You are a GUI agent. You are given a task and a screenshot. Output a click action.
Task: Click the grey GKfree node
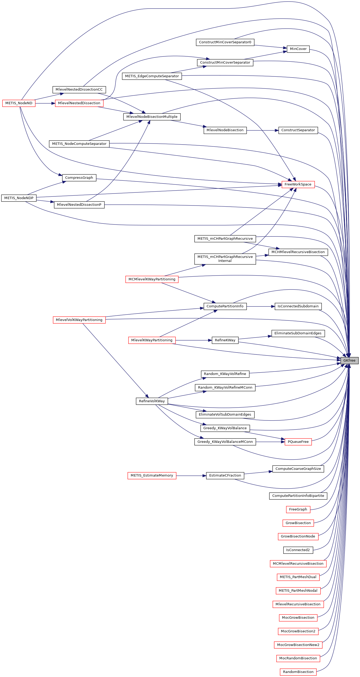click(349, 361)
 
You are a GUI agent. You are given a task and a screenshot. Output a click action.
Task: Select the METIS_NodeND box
click(19, 103)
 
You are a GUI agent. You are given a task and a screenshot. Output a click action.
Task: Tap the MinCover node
click(298, 49)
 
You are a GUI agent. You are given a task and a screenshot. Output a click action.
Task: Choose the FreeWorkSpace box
click(298, 184)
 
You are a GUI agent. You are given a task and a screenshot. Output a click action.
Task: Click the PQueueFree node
click(298, 442)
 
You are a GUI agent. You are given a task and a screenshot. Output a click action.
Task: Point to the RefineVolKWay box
click(152, 401)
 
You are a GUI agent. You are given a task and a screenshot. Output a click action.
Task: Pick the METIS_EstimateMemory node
click(152, 475)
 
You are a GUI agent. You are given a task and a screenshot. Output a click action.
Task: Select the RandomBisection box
click(298, 672)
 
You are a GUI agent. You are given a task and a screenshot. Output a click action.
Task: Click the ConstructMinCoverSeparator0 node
click(225, 42)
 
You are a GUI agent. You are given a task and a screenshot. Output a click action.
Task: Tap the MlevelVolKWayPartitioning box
click(79, 320)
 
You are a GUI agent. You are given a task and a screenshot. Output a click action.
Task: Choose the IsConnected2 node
click(298, 550)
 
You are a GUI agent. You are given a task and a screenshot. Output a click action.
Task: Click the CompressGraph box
click(79, 178)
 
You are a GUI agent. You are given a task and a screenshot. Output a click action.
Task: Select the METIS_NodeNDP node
click(19, 198)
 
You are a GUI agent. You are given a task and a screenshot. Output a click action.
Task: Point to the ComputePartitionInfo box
click(225, 306)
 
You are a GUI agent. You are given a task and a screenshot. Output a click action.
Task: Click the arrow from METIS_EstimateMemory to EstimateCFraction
click(191, 476)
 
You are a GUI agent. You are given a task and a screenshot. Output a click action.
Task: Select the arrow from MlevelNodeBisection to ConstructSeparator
click(262, 130)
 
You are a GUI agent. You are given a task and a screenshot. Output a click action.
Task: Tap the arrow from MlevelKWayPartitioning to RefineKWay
click(193, 340)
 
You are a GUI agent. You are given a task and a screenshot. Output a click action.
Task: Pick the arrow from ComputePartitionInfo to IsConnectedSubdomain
click(261, 306)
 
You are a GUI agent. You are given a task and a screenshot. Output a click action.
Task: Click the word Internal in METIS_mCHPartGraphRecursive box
click(225, 261)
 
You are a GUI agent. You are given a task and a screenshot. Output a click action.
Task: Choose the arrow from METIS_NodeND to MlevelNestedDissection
click(45, 103)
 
